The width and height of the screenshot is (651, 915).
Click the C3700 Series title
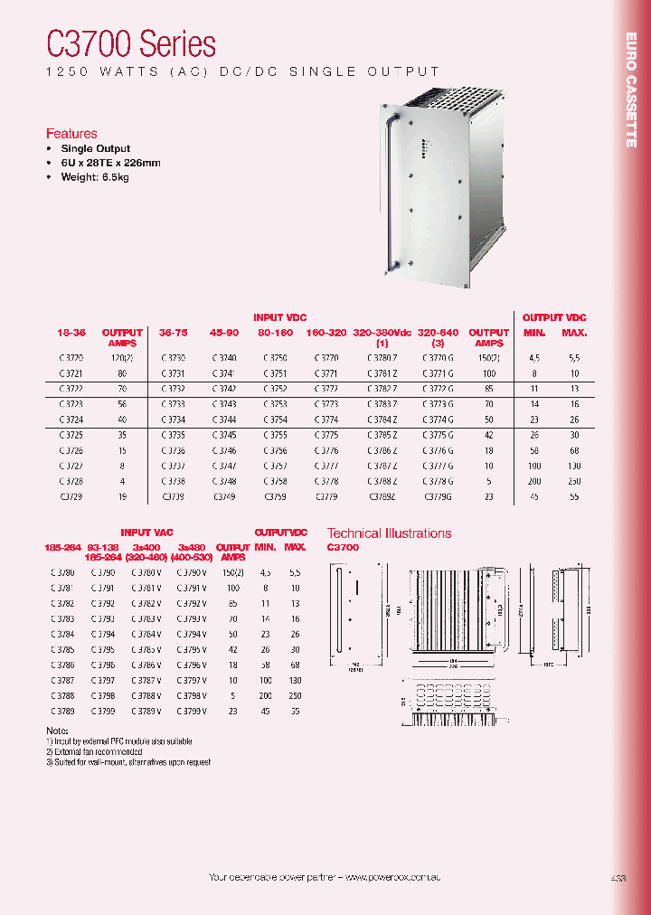click(131, 43)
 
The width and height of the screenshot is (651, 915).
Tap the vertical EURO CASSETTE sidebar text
click(631, 90)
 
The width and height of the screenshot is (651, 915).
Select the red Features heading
click(71, 134)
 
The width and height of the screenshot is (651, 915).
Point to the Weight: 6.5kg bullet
click(95, 177)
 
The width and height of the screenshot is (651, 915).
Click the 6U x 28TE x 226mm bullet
click(110, 163)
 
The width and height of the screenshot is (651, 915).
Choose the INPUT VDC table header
click(279, 317)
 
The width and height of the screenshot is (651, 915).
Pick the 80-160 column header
click(275, 333)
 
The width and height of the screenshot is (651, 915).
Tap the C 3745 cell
click(224, 435)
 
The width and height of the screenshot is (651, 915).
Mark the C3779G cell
click(439, 496)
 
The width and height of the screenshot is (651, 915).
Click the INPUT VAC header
click(146, 533)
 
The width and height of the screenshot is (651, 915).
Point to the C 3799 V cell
click(192, 711)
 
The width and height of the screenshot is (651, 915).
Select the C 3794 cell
click(104, 634)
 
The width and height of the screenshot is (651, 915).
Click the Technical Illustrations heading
click(389, 533)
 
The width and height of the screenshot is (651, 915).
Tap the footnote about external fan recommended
click(95, 751)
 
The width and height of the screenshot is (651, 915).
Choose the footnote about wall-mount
click(128, 762)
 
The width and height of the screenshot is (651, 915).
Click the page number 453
click(618, 878)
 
